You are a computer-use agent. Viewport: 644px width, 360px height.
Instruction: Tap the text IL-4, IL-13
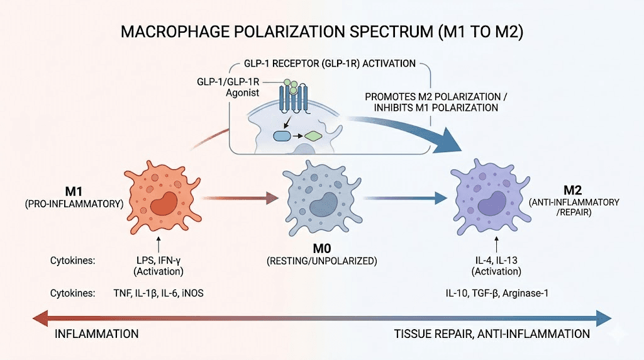[x=496, y=259]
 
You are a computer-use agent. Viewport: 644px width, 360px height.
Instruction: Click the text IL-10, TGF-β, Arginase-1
[x=496, y=293]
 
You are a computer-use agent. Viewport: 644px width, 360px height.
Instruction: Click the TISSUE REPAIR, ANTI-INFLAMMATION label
[x=492, y=334]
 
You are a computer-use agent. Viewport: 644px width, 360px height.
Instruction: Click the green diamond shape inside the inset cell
[x=312, y=135]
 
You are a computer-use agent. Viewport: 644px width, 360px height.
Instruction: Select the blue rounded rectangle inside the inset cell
[x=281, y=135]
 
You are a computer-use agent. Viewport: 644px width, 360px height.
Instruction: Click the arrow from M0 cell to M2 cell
[x=406, y=199]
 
